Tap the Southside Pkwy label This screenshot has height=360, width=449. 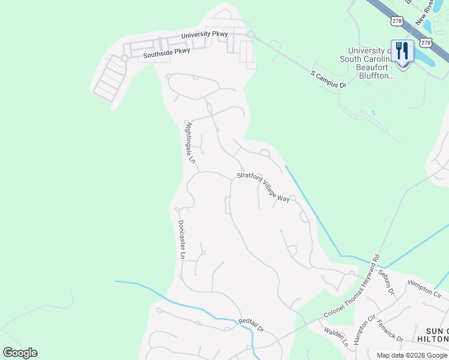166,53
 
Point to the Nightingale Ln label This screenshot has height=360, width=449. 190,143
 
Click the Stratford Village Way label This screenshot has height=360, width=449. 263,187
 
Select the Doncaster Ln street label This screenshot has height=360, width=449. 182,239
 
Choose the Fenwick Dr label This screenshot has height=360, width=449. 390,330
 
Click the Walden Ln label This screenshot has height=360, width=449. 336,337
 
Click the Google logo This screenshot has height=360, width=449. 20,353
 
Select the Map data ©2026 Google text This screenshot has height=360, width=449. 411,355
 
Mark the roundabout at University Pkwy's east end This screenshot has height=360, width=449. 251,35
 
